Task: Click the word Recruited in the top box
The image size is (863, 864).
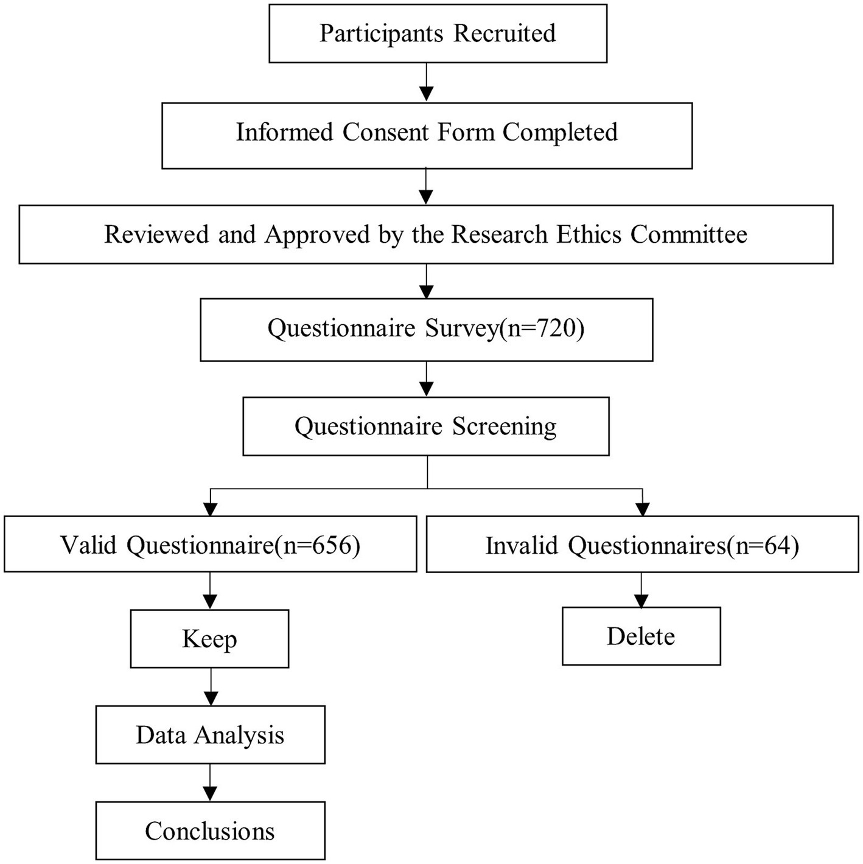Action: pos(505,33)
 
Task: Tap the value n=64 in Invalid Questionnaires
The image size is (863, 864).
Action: pos(766,546)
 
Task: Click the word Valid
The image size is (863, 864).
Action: pos(89,545)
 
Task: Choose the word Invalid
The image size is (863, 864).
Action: pos(522,546)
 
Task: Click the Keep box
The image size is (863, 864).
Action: pos(209,639)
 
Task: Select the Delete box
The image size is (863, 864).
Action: pos(641,636)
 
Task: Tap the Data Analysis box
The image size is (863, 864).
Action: pos(210,735)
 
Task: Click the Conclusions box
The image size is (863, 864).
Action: pos(210,831)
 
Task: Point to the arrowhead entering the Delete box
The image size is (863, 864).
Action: pos(641,601)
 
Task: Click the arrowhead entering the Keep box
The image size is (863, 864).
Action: pos(210,602)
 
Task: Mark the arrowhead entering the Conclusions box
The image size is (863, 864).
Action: pos(210,794)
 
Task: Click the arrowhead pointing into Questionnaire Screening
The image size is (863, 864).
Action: pos(427,389)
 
